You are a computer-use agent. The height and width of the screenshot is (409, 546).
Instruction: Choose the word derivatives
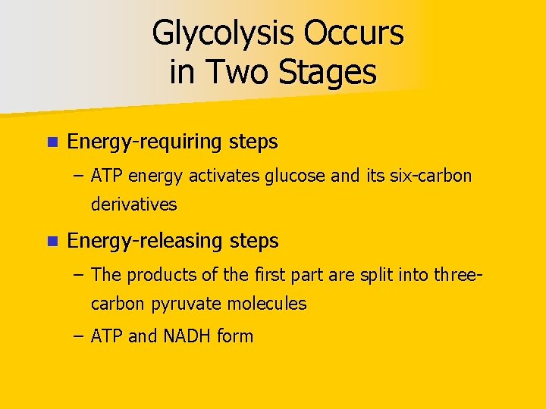(133, 204)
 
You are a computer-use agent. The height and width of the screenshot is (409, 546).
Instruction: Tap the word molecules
(268, 304)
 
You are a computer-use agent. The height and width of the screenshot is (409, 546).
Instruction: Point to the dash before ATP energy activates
(80, 177)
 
